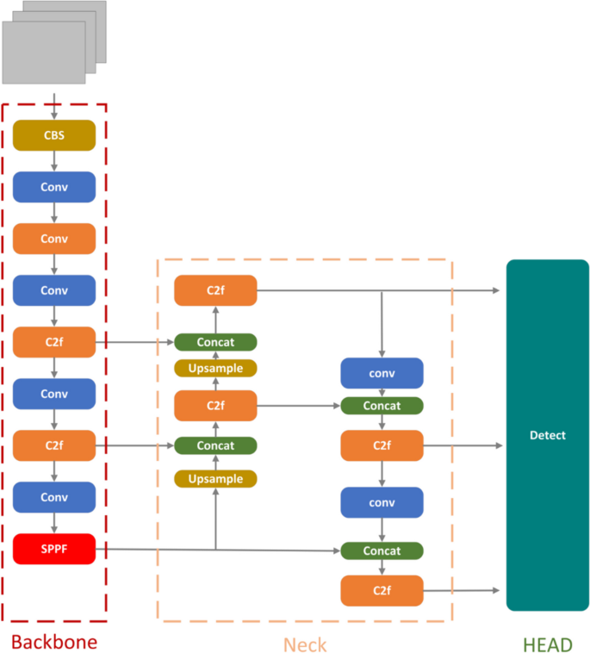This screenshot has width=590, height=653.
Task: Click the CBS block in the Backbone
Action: pos(53,135)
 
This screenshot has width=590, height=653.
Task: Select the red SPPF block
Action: pos(53,549)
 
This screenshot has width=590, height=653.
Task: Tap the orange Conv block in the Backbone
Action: pos(53,239)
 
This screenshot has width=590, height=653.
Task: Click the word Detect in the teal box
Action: pos(547,435)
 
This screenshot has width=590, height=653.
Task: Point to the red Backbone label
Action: pos(53,642)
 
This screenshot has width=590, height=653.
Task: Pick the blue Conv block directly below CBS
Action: pos(53,187)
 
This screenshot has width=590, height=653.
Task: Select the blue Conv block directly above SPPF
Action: pos(53,497)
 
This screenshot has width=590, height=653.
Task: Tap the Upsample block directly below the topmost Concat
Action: pos(215,368)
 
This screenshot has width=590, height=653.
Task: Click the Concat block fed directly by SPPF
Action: pos(382,550)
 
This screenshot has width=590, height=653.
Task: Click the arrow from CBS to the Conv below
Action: pos(53,161)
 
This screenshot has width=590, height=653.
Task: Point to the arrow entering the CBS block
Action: pos(53,109)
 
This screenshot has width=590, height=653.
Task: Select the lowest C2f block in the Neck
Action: pos(382,590)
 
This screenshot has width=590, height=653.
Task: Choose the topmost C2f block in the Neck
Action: pos(215,290)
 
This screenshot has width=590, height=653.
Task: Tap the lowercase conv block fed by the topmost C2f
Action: pos(382,373)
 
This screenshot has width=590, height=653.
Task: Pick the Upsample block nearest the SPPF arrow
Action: pos(215,478)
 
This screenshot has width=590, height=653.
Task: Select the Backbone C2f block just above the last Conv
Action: pos(53,445)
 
